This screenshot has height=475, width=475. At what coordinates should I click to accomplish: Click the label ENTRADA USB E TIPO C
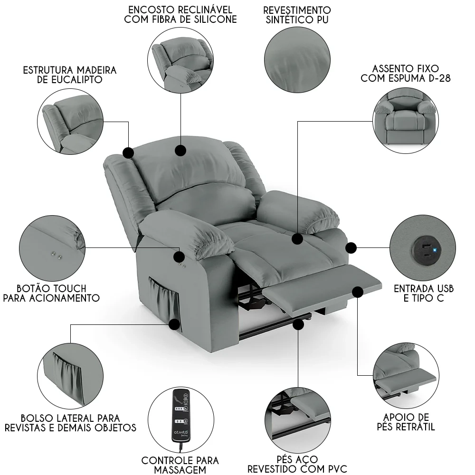pyautogui.click(x=424, y=293)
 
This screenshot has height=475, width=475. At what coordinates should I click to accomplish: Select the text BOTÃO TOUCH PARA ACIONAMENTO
pyautogui.click(x=51, y=293)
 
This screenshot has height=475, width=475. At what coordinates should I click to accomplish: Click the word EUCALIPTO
pyautogui.click(x=70, y=80)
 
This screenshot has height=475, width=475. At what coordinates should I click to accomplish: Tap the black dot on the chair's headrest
pyautogui.click(x=180, y=151)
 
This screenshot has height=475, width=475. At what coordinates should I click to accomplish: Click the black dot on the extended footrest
pyautogui.click(x=357, y=291)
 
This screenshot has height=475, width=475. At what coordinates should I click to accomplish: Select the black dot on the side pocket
pyautogui.click(x=175, y=325)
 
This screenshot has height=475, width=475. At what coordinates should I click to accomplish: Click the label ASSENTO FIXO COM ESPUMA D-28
pyautogui.click(x=406, y=74)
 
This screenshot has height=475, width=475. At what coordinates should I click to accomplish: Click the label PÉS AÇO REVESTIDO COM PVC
pyautogui.click(x=297, y=464)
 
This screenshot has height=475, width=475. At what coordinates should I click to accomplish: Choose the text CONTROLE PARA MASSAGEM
pyautogui.click(x=180, y=465)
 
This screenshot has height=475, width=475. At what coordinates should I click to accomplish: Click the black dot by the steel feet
pyautogui.click(x=298, y=324)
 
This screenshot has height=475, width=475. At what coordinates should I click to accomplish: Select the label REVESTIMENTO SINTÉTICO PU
pyautogui.click(x=297, y=15)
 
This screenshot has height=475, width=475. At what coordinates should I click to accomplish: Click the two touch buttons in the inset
pyautogui.click(x=57, y=255)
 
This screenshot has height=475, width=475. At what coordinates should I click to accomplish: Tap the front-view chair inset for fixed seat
pyautogui.click(x=405, y=120)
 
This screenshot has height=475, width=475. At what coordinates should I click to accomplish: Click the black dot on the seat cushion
pyautogui.click(x=297, y=239)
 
